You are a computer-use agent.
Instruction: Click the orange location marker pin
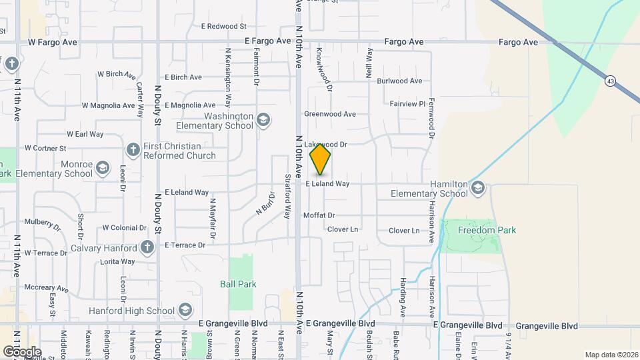coord(320,159)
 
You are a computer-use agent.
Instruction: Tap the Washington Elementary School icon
coord(263,120)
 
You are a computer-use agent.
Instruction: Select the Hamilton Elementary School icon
coord(477,189)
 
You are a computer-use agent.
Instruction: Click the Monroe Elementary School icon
coord(102,169)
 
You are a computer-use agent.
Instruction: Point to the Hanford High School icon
coord(185,310)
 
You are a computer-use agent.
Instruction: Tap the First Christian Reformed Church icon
coord(133,149)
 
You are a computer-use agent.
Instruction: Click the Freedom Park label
coord(487,231)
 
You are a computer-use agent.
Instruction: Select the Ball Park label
coord(238,284)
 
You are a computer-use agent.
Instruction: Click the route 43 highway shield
coord(610,81)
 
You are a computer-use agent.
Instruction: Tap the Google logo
coord(22,351)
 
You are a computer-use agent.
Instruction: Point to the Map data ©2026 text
coord(611,355)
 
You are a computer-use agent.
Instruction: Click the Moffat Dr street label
coord(319,215)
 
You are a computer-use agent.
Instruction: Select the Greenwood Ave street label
coord(329,114)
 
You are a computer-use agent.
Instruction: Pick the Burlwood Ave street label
coord(399,81)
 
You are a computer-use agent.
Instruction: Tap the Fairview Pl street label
coord(407,104)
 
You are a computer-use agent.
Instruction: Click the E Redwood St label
coord(223,27)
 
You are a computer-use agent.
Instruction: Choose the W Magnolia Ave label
coord(108,105)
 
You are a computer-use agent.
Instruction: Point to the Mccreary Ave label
coord(46,288)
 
